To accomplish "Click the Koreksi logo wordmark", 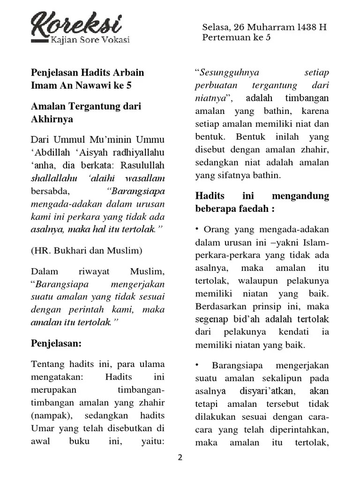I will (x=77, y=22).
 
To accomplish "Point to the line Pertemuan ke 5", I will (x=236, y=37).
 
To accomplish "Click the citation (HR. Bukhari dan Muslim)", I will (x=86, y=250).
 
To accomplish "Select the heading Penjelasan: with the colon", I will (x=56, y=343).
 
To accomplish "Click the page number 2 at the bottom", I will (x=180, y=458).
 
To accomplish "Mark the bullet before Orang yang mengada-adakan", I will (x=198, y=229).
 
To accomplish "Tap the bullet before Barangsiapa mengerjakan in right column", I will (x=198, y=365).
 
